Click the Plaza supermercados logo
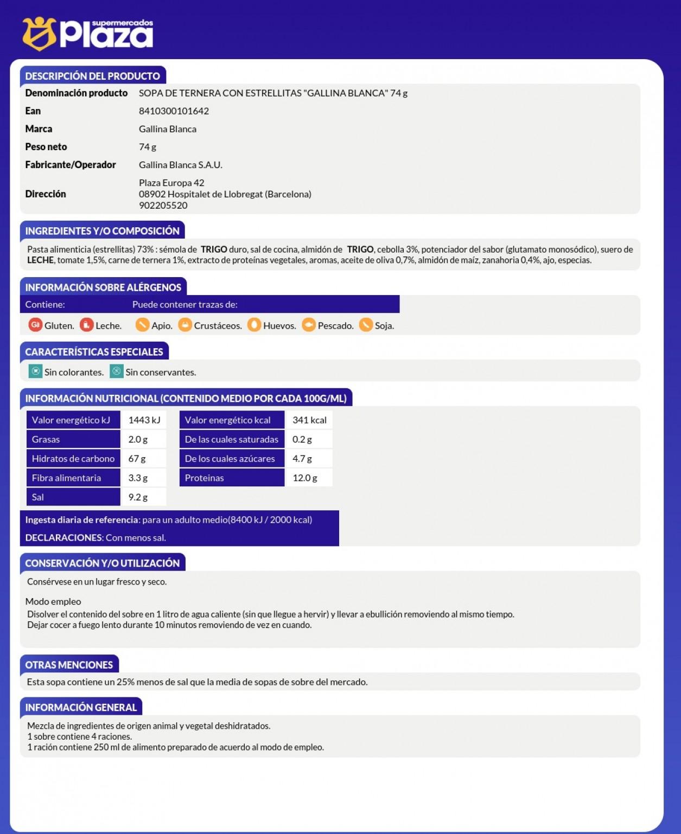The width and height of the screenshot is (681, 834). point(88,34)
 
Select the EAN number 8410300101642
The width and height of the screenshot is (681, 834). point(174,111)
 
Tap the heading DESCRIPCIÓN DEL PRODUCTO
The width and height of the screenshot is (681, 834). point(93,76)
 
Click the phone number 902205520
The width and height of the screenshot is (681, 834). point(163,206)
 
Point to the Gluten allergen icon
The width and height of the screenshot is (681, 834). point(35,325)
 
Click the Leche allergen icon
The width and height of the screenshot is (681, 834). point(86,325)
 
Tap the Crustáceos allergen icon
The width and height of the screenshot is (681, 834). point(185,325)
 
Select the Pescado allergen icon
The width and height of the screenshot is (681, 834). point(309,325)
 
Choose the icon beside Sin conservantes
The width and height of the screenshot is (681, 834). point(117,371)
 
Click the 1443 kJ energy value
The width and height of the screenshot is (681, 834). point(144,420)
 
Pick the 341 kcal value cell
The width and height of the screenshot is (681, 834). point(309,420)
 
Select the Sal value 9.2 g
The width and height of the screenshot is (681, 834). point(138,497)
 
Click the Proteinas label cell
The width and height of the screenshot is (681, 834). point(232,478)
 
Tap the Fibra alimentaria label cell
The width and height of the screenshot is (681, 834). point(73,478)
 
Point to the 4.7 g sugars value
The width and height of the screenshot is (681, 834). point(302,459)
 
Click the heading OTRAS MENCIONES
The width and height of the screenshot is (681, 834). point(69,665)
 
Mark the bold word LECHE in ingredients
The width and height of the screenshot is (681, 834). point(41,260)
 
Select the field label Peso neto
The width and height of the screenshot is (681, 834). point(46,147)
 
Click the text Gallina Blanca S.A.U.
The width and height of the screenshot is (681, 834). point(180,165)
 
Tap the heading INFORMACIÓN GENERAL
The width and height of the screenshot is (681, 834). point(81,708)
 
